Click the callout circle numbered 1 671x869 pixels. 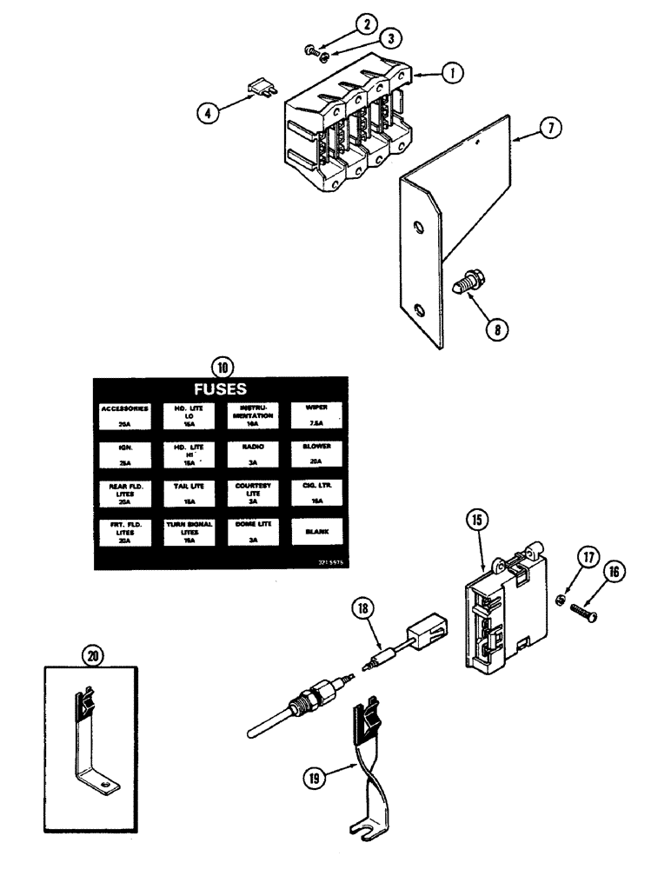click(x=449, y=74)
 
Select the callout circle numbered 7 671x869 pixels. click(x=548, y=128)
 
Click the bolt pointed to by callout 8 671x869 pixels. click(x=462, y=284)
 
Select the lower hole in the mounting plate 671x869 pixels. click(x=420, y=309)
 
